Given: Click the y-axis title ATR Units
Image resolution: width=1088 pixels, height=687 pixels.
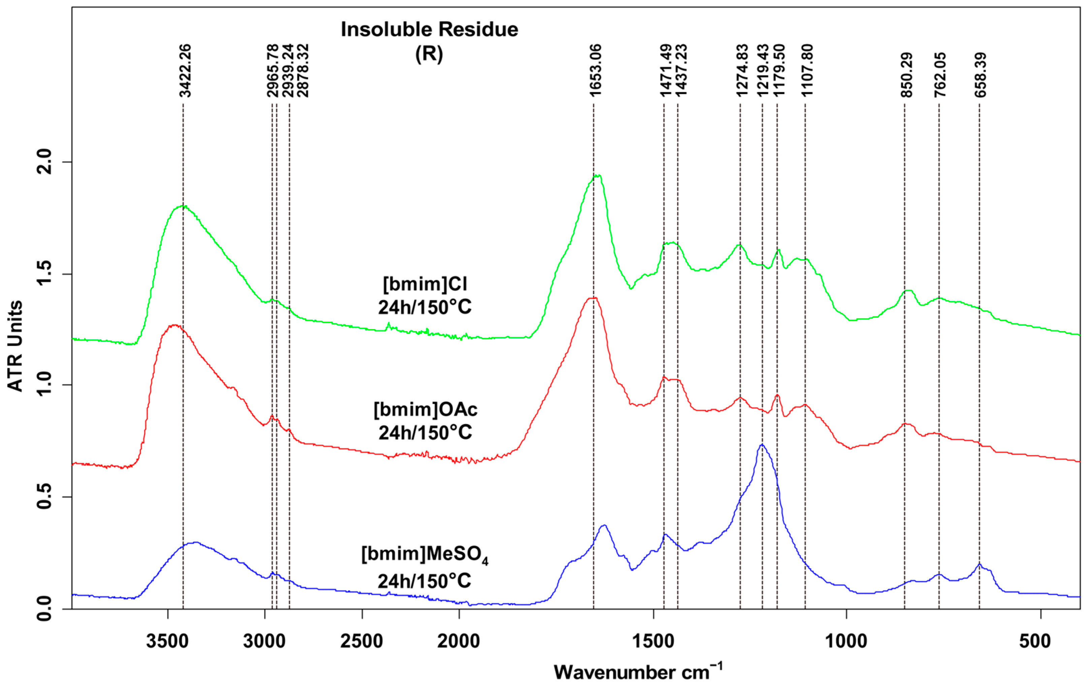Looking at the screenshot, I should pyautogui.click(x=15, y=346).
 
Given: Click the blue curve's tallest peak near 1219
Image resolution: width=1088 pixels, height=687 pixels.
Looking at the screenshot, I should pyautogui.click(x=762, y=445).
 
